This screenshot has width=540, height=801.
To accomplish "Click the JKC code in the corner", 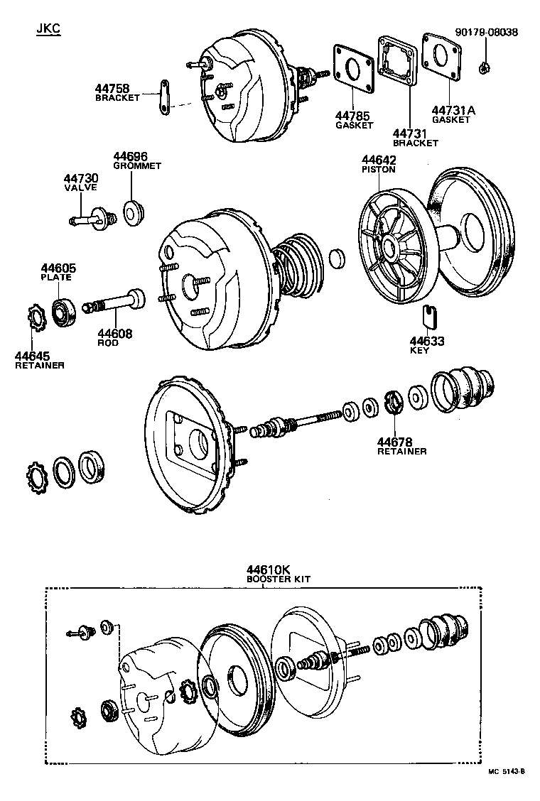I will click(48, 30).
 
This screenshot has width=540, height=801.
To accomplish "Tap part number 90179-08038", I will click(487, 32).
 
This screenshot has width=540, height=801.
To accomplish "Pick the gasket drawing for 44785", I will click(352, 68).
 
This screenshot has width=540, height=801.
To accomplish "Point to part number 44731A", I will click(453, 110).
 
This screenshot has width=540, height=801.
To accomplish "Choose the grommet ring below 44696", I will click(133, 212).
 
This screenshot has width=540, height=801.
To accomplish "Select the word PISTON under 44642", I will click(378, 170).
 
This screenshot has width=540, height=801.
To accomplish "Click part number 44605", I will click(58, 268).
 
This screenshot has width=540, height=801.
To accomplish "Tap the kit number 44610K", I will click(269, 570).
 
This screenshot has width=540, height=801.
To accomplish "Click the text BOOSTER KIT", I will click(278, 579).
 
